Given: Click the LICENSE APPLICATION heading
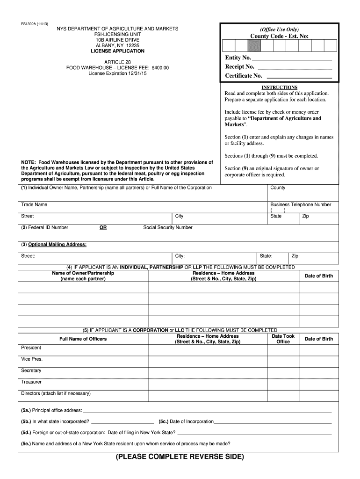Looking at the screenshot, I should (117, 51).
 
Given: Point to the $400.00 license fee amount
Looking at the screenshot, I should (160, 68).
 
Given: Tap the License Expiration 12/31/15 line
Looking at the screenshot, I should (117, 74).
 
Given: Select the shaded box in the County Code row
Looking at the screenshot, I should (253, 45).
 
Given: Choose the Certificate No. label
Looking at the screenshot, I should (244, 76).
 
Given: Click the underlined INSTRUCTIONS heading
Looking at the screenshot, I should (279, 87).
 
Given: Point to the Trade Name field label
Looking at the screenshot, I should (34, 205).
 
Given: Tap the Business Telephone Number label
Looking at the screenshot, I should (301, 205).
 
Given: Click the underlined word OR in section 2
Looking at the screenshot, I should (103, 228).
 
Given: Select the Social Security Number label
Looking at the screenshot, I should (168, 228).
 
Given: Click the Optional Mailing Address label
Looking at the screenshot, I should (54, 245).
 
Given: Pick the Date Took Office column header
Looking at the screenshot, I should (283, 339).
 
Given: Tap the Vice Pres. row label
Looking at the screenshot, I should (32, 359).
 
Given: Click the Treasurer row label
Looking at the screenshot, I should (31, 382).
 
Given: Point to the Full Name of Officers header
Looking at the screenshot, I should (83, 339).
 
